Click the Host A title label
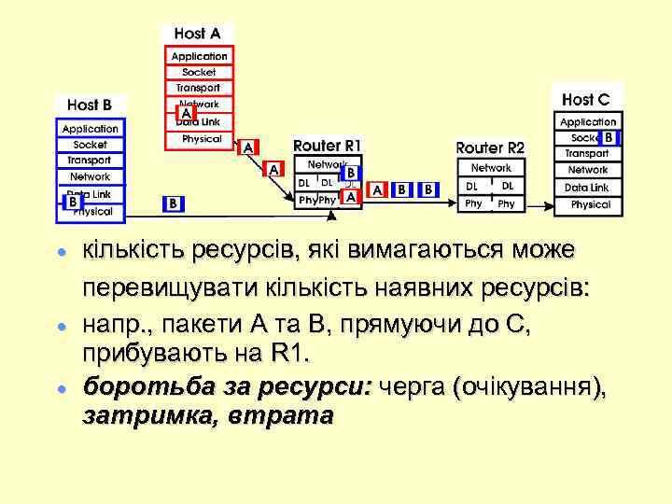[x=197, y=34]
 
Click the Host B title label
[x=90, y=105]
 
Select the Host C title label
[x=586, y=99]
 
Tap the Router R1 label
[x=326, y=146]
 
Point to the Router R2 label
[x=490, y=147]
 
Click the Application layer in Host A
[x=199, y=56]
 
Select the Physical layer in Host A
[x=202, y=138]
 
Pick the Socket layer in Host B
[x=90, y=145]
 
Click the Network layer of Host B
[x=90, y=176]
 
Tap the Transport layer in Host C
[x=587, y=153]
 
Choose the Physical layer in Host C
[x=590, y=204]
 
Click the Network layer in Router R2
[x=491, y=168]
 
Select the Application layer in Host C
[x=588, y=121]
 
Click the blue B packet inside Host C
[x=609, y=137]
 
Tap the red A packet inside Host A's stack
[x=186, y=114]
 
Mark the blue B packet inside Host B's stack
[x=72, y=202]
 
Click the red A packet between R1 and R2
[x=377, y=189]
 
